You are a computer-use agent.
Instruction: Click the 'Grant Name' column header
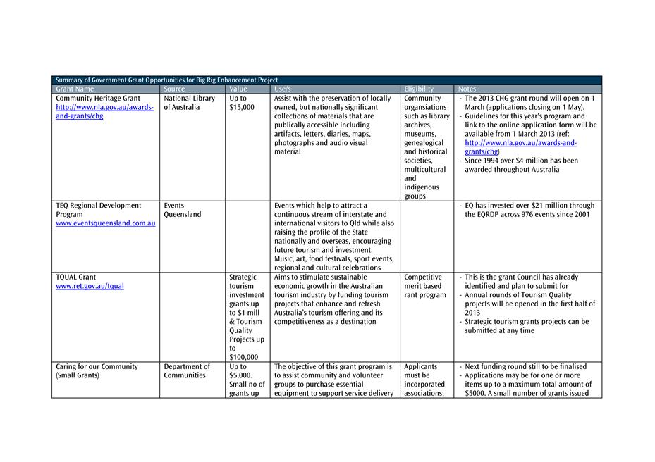pos(75,89)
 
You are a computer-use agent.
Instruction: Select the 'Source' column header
pos(174,89)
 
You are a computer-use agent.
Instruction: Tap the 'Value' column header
pos(238,89)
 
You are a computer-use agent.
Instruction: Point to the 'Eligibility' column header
pos(419,89)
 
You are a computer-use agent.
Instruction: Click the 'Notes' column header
pos(467,89)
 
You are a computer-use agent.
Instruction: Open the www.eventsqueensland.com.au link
pos(105,223)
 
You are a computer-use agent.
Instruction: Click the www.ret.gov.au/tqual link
pos(90,287)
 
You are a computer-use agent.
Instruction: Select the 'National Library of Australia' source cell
pos(189,103)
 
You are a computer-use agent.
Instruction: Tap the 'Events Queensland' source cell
pos(182,210)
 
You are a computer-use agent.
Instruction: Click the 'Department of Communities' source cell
pos(187,370)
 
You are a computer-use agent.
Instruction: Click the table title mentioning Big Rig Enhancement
pos(166,80)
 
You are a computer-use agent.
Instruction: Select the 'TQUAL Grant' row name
pos(75,277)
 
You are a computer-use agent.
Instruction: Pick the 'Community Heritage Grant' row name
pos(97,99)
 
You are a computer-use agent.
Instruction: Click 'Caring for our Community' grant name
pos(97,370)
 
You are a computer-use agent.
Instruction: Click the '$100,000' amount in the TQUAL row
pos(244,357)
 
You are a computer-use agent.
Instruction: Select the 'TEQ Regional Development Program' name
pos(98,210)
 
